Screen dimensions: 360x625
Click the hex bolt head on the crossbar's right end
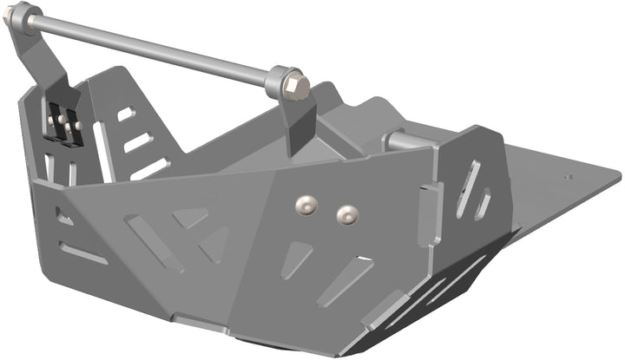[293, 85]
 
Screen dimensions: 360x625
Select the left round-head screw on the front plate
[304, 204]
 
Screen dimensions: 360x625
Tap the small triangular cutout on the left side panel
[63, 216]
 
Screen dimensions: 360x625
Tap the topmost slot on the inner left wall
[126, 114]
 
